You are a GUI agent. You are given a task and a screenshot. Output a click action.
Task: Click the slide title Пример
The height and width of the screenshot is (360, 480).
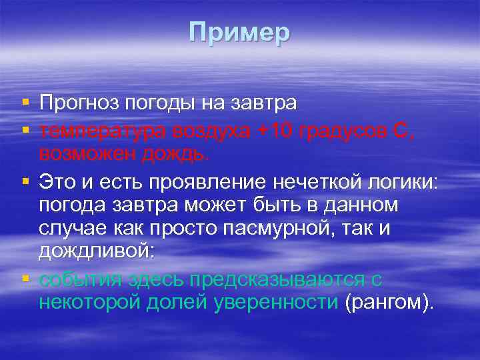(239, 32)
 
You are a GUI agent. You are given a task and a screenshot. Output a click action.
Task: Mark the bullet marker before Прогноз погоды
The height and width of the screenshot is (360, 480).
(25, 103)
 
